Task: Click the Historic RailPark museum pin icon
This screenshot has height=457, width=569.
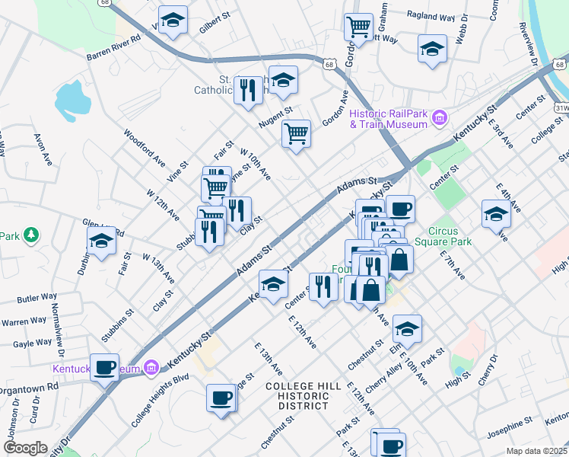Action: (x=438, y=118)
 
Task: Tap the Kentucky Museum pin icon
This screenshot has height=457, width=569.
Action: (x=151, y=369)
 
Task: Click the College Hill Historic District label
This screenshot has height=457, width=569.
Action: (x=304, y=396)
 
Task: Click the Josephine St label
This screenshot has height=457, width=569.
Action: (x=511, y=423)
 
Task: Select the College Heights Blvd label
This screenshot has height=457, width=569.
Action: (x=159, y=399)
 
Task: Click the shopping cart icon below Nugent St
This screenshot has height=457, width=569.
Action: (x=296, y=133)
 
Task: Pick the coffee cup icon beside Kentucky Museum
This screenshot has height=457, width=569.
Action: (x=104, y=367)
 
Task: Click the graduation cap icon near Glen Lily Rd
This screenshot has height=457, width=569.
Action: (x=100, y=242)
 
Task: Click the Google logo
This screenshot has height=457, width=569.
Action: (x=25, y=448)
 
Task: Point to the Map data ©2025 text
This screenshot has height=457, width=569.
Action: (x=536, y=451)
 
